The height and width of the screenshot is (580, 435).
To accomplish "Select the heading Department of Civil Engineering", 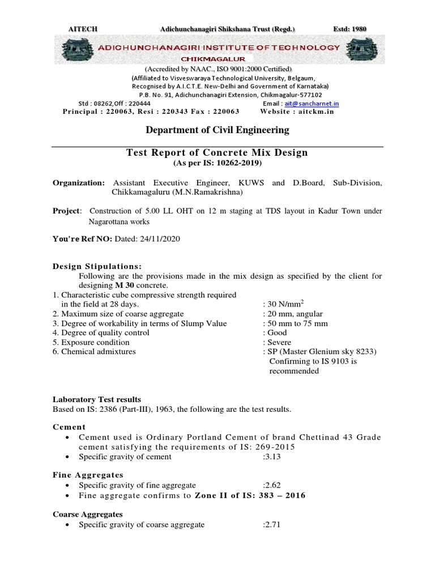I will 217,130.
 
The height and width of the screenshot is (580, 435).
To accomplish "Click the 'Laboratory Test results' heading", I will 96,399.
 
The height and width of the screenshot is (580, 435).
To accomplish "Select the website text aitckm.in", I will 318,112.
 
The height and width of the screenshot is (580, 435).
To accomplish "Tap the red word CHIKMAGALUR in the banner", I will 213,59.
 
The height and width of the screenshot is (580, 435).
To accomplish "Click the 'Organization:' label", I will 79,183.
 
